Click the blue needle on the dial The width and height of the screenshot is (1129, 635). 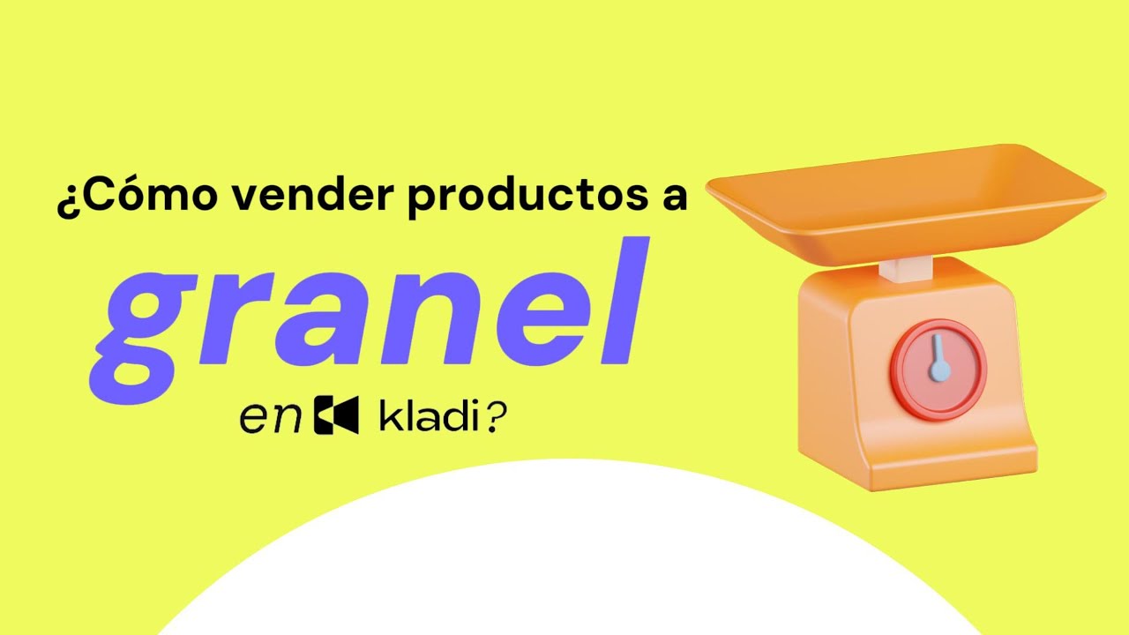click(939, 358)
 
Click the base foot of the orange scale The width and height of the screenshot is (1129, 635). click(917, 463)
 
